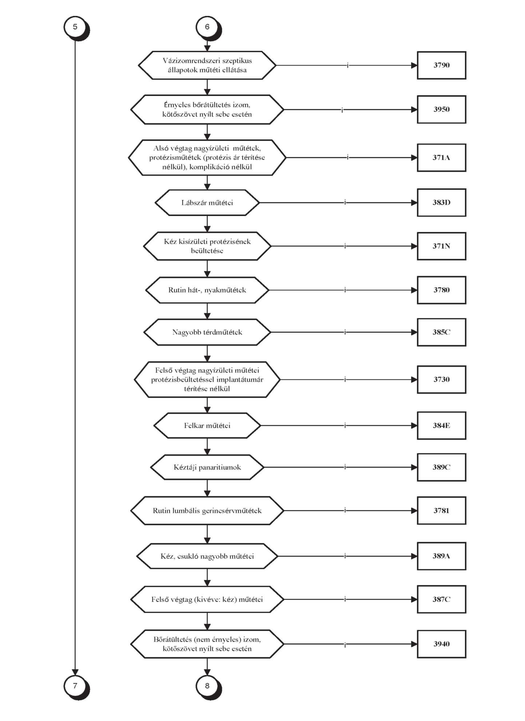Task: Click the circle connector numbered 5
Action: tap(75, 27)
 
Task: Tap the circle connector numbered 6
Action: tap(207, 27)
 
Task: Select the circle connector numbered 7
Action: tap(75, 686)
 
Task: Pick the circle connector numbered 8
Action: tap(207, 686)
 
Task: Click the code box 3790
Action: tap(441, 65)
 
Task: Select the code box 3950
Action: tap(441, 109)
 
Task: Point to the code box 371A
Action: tap(441, 158)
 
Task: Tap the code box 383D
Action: tap(441, 203)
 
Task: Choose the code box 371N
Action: tap(441, 246)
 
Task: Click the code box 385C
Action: tap(441, 332)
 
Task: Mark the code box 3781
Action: tap(441, 510)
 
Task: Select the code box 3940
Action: tap(441, 644)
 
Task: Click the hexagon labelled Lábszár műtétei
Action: tap(207, 203)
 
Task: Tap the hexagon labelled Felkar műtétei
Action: tap(207, 426)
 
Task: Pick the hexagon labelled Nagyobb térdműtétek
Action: tap(207, 332)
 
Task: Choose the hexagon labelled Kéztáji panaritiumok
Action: tap(207, 467)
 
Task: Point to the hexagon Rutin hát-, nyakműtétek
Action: tap(207, 290)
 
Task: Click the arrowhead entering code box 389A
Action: tap(414, 556)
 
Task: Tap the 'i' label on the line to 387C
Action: tap(345, 599)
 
